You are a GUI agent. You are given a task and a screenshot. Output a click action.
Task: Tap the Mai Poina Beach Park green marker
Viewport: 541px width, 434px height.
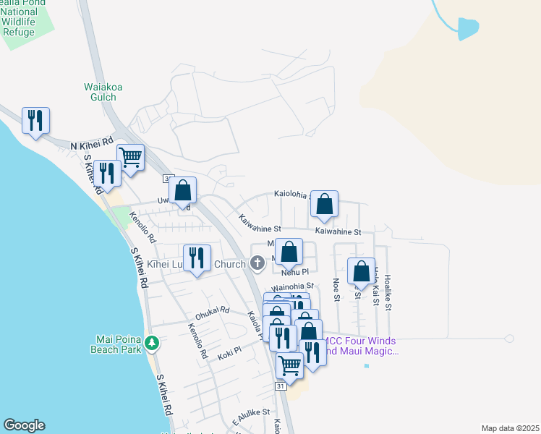click(151, 342)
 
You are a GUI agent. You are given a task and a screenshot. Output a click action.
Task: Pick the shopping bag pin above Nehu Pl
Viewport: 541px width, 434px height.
click(289, 253)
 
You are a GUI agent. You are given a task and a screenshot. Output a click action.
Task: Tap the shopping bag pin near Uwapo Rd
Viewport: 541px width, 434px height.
click(184, 191)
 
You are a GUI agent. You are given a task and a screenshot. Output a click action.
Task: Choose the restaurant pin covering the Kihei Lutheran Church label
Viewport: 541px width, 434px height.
click(197, 258)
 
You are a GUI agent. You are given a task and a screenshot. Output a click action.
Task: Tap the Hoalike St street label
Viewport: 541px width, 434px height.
click(388, 292)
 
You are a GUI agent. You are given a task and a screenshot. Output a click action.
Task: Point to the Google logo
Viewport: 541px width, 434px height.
click(24, 425)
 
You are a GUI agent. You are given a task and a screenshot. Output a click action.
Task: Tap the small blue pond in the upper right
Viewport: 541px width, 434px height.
click(468, 28)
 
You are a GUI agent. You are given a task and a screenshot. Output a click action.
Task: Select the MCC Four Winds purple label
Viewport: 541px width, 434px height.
click(362, 346)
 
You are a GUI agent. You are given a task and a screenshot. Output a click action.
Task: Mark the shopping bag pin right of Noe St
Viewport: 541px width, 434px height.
click(361, 271)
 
